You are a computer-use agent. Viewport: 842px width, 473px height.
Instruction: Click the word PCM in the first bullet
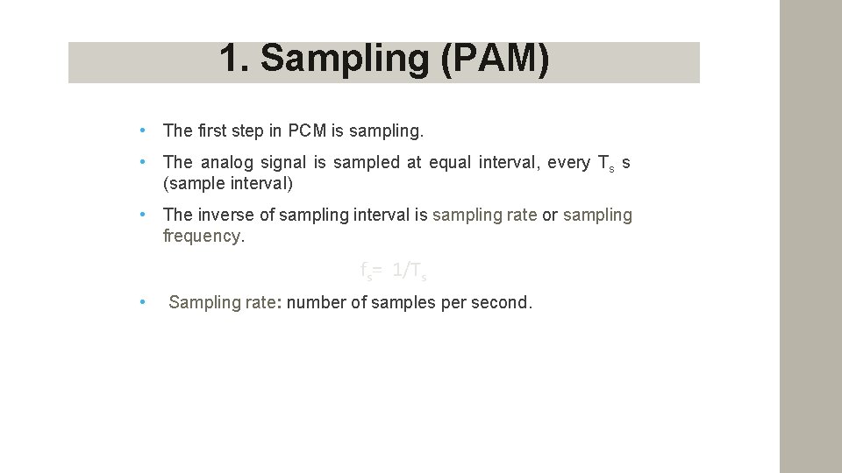307,131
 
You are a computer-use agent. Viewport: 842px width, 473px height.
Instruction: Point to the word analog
231,163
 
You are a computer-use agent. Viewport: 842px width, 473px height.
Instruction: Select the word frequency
201,236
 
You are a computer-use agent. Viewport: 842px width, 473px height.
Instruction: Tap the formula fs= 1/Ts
394,272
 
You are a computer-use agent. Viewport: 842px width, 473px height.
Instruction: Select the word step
249,131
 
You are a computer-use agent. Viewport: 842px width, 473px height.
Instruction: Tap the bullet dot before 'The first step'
142,131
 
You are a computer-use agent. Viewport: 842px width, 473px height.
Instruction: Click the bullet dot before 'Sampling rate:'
142,303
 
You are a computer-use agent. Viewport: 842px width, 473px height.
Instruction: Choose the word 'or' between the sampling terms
550,215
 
